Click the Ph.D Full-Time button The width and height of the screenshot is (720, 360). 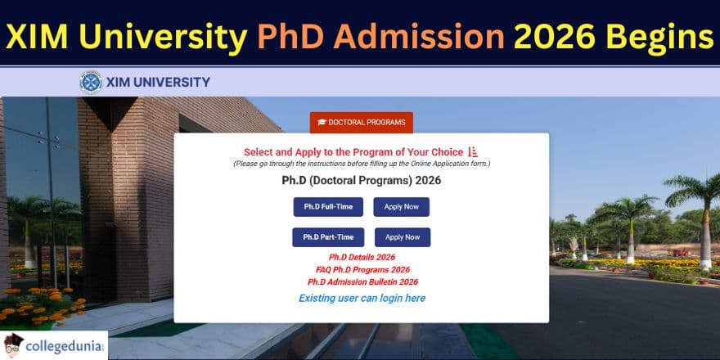(x=328, y=207)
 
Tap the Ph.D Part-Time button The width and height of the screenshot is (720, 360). (x=328, y=237)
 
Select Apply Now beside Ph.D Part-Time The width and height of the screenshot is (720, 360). (x=403, y=237)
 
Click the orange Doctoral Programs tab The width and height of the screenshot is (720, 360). (x=361, y=123)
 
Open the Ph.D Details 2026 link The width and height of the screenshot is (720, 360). (x=362, y=257)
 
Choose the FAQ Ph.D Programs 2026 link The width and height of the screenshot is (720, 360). (x=362, y=269)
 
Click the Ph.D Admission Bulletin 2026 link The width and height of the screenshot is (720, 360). (x=362, y=281)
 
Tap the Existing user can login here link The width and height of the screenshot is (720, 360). (x=362, y=298)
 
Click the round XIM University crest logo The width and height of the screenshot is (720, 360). (x=91, y=82)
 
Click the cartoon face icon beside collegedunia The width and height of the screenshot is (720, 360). (x=14, y=345)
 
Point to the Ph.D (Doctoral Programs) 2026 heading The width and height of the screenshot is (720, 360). (x=361, y=180)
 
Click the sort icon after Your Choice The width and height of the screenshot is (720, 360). (x=473, y=152)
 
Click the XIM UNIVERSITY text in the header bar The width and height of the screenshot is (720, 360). (x=158, y=82)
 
